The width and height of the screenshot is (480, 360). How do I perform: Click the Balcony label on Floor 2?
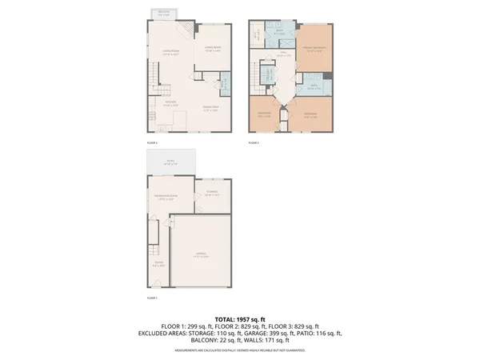pyautogui.click(x=163, y=14)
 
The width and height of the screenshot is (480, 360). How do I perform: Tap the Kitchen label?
pyautogui.click(x=170, y=103)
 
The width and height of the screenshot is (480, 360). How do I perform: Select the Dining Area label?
pyautogui.click(x=210, y=110)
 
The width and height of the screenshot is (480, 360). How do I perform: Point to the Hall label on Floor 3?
pyautogui.click(x=284, y=54)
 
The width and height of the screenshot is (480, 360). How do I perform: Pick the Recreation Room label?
pyautogui.click(x=166, y=198)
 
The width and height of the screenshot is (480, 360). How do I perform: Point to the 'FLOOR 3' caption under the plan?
pyautogui.click(x=254, y=142)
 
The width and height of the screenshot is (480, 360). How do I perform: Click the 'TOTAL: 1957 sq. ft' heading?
pyautogui.click(x=240, y=318)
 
